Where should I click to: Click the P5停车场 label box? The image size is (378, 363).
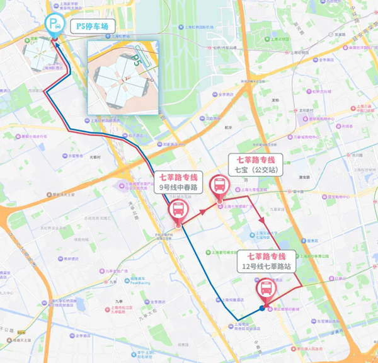92,26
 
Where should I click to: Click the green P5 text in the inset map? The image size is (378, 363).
139,62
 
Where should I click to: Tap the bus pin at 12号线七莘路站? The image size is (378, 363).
266,289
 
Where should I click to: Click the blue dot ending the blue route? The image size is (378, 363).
262,308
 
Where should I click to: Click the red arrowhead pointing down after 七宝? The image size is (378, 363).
261,220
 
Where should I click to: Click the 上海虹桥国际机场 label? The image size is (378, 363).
199,26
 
